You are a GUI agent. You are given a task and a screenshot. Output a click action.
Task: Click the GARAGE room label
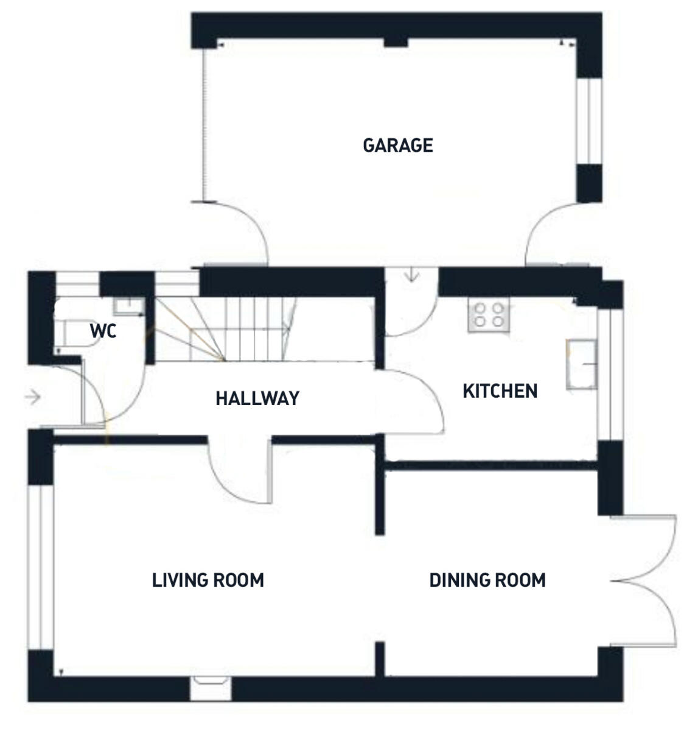point(397,146)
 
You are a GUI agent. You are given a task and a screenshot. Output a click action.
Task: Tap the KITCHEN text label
point(500,391)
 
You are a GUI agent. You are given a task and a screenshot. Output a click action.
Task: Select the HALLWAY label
point(257,398)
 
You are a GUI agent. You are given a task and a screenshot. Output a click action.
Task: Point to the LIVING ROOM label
point(208,580)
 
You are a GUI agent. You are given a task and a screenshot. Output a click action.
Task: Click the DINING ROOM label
point(487,580)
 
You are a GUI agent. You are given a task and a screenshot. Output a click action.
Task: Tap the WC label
point(103,332)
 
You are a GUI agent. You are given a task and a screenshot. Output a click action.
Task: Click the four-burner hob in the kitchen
point(488,316)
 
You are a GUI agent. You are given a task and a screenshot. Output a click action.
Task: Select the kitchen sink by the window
point(581,364)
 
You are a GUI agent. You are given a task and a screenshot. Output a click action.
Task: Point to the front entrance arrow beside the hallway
point(32,398)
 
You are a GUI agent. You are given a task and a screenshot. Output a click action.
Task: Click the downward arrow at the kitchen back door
point(413,275)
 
